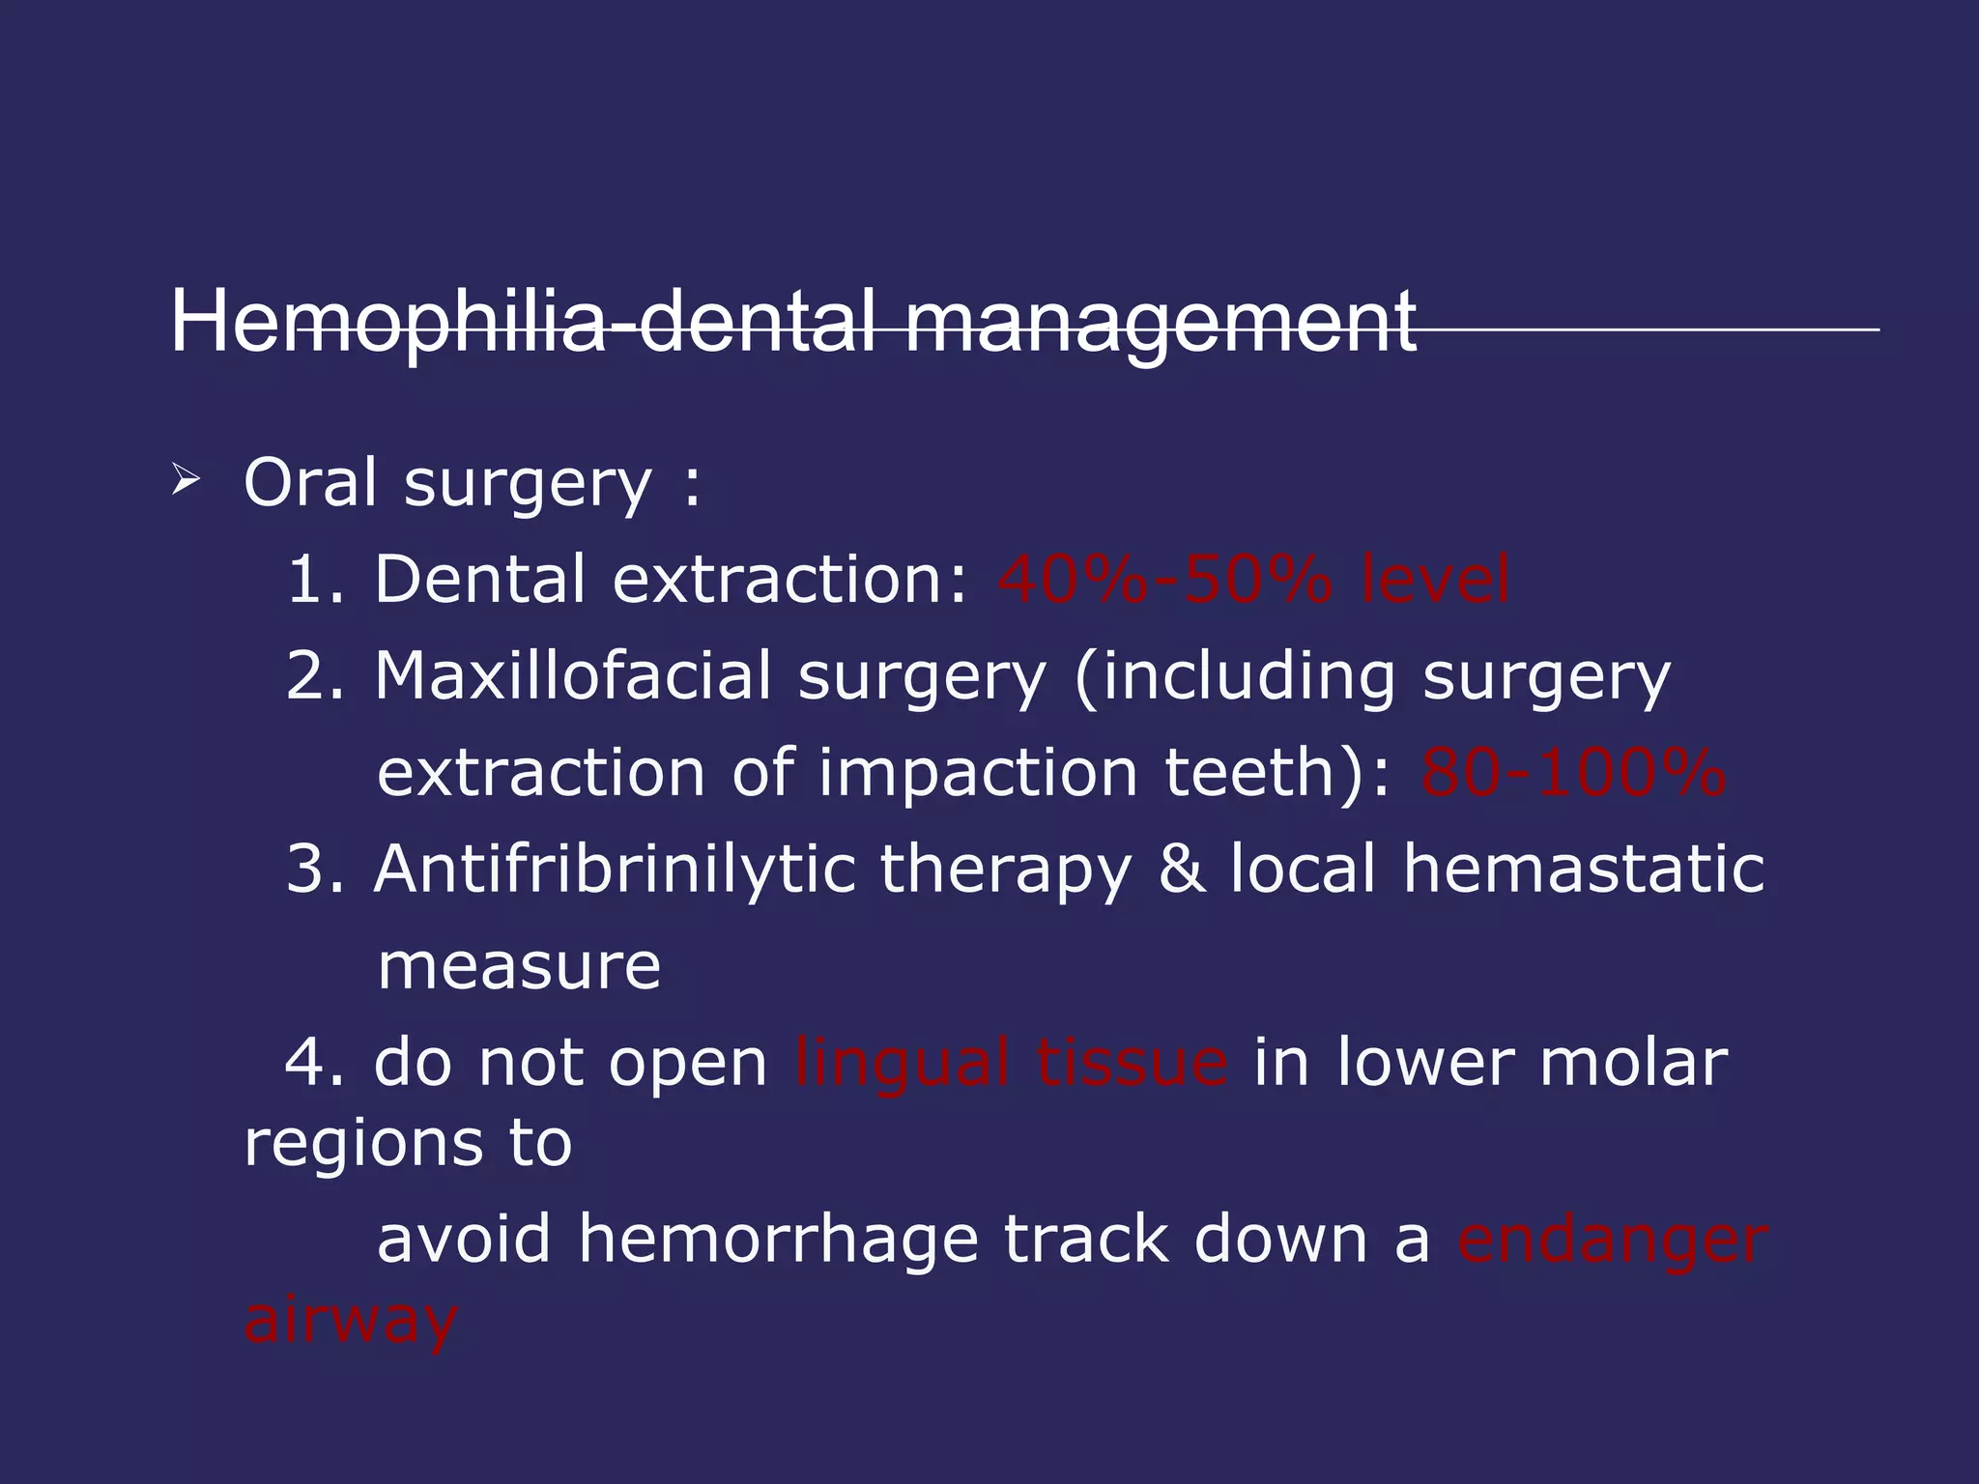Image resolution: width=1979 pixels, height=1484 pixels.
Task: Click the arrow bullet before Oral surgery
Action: point(185,480)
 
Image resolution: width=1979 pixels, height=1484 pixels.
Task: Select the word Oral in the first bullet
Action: point(310,482)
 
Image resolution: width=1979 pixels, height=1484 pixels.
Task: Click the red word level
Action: point(1434,580)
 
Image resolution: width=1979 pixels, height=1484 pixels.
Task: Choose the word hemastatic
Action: point(1584,870)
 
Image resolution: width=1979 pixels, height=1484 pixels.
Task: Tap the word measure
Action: point(519,967)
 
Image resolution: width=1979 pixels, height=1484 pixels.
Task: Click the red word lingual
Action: point(903,1064)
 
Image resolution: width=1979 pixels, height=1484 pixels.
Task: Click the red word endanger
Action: point(1612,1241)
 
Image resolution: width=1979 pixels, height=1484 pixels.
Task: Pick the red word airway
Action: point(350,1322)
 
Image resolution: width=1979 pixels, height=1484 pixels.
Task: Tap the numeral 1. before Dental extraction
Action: point(314,580)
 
